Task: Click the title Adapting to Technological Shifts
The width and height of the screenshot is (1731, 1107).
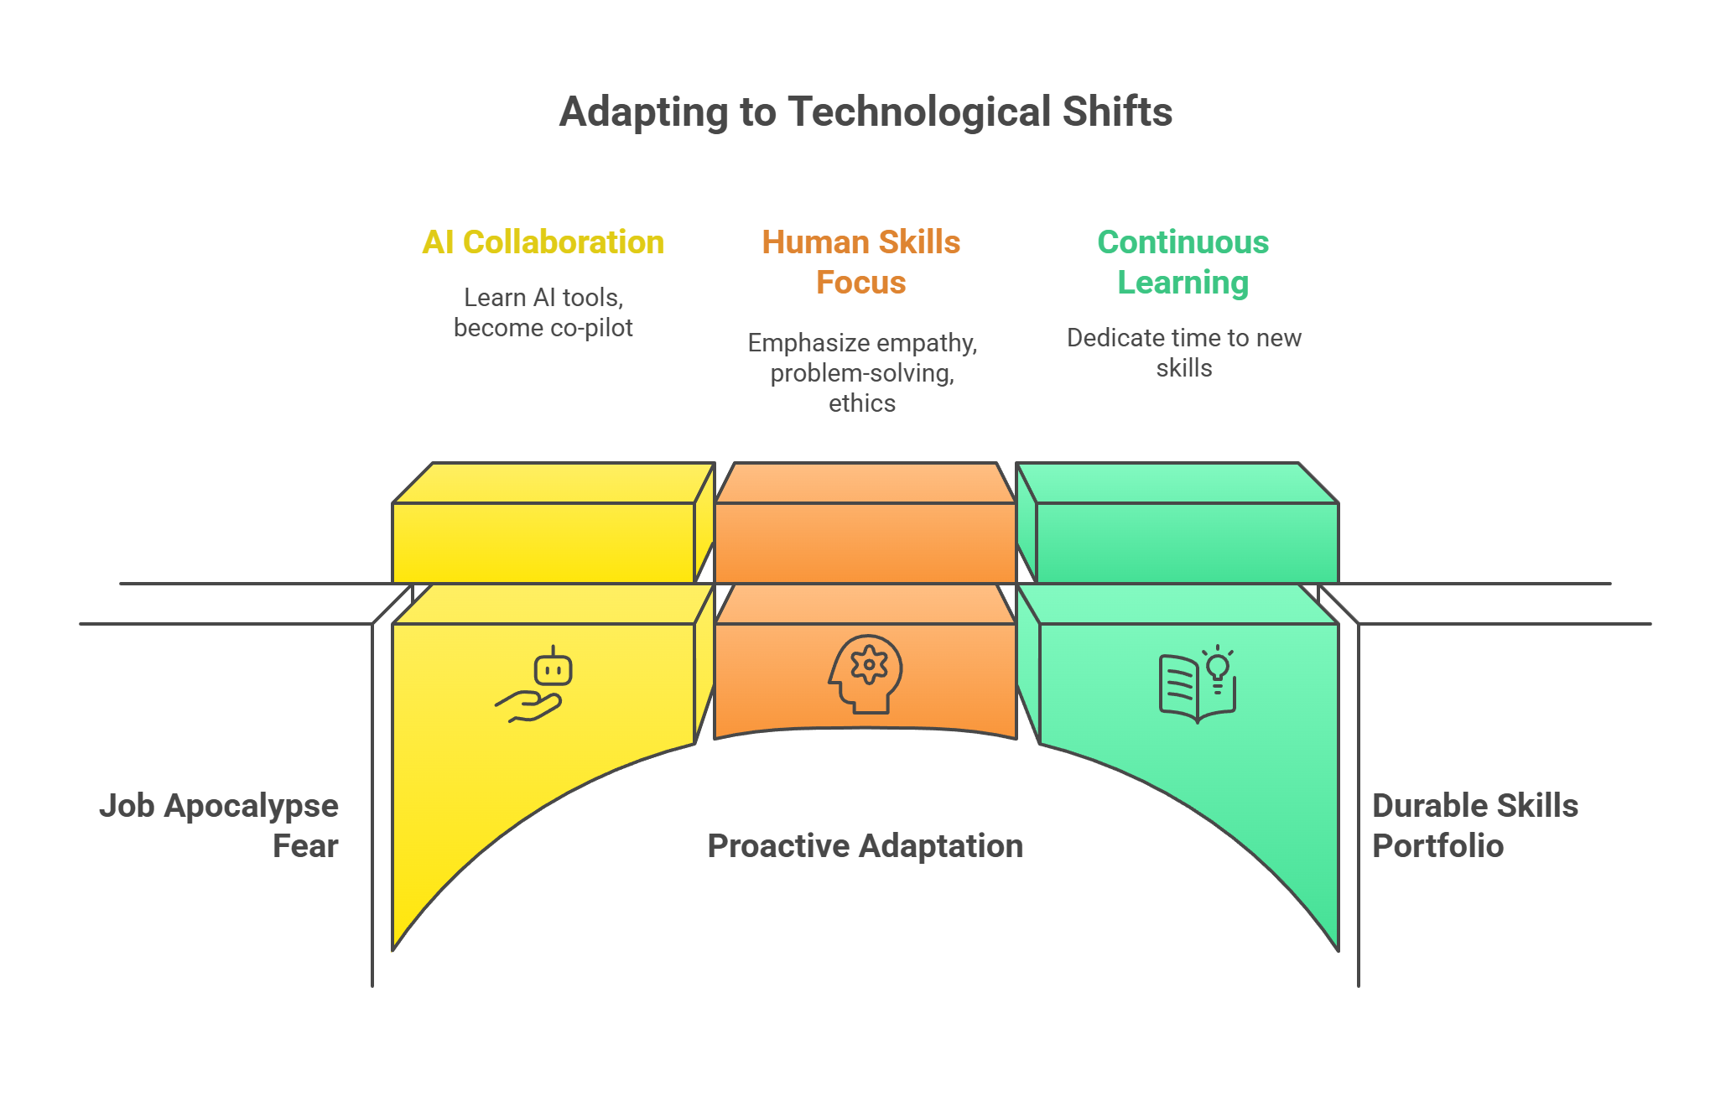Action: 865,112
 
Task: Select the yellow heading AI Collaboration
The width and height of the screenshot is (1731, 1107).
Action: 543,242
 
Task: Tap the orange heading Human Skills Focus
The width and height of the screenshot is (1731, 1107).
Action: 861,262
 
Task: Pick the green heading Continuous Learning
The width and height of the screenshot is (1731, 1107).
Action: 1183,262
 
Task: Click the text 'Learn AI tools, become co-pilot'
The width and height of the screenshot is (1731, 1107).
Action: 543,312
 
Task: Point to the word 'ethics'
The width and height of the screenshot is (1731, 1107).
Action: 862,403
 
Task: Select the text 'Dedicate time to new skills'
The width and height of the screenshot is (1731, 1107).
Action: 1183,352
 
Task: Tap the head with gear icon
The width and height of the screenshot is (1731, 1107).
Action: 865,673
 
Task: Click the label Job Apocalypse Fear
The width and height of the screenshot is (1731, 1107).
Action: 220,825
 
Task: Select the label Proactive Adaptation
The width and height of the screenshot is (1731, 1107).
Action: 865,846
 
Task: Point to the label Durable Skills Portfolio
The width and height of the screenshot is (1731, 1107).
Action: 1474,825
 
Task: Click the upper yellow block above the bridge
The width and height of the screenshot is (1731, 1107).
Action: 543,541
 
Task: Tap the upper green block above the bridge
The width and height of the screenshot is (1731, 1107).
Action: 1187,541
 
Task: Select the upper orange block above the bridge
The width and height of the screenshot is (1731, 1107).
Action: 865,541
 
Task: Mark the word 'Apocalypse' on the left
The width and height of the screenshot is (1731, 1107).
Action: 251,806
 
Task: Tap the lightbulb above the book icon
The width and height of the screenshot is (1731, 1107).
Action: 1218,668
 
